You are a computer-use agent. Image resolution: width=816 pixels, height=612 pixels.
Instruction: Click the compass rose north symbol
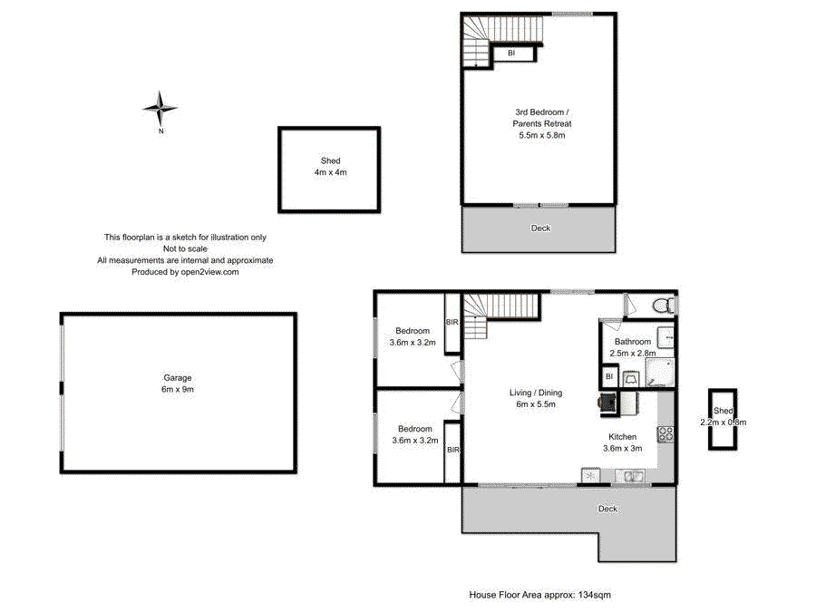pyautogui.click(x=160, y=108)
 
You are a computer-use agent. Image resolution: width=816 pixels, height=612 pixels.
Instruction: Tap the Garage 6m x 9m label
pyautogui.click(x=178, y=384)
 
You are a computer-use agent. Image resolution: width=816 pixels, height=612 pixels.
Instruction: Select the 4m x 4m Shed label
pyautogui.click(x=330, y=167)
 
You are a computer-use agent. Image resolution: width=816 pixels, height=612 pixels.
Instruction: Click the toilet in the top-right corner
pyautogui.click(x=665, y=305)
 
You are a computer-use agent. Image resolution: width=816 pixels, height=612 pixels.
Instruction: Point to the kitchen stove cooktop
pyautogui.click(x=665, y=434)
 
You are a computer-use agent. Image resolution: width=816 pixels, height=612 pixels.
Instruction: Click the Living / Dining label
pyautogui.click(x=536, y=398)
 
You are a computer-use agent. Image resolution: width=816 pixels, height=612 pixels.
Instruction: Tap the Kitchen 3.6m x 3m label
pyautogui.click(x=622, y=442)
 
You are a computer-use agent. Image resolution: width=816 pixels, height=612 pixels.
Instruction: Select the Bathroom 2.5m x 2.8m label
pyautogui.click(x=633, y=347)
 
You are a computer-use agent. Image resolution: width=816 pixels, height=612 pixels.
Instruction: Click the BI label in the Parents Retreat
pyautogui.click(x=511, y=53)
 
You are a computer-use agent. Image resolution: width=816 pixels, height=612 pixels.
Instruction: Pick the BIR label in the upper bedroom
pyautogui.click(x=452, y=322)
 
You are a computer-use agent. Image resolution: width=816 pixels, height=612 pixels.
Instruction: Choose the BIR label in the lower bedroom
pyautogui.click(x=453, y=449)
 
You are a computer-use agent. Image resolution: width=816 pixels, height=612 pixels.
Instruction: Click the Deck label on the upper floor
pyautogui.click(x=540, y=228)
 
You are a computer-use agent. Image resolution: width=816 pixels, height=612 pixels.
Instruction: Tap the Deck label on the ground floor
pyautogui.click(x=607, y=509)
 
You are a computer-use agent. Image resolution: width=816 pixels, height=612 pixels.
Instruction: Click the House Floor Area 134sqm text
pyautogui.click(x=540, y=594)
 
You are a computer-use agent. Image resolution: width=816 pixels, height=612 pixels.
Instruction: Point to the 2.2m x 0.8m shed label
pyautogui.click(x=724, y=416)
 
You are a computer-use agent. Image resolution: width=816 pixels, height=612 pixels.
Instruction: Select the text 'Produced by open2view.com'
pyautogui.click(x=185, y=272)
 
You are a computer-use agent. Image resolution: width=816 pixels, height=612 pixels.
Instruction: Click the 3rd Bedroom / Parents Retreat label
pyautogui.click(x=542, y=123)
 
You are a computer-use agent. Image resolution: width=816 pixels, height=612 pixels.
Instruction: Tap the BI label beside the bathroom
pyautogui.click(x=609, y=376)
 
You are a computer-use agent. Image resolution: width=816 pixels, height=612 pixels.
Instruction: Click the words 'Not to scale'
pyautogui.click(x=185, y=248)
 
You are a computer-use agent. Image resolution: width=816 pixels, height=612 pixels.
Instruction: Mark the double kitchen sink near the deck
pyautogui.click(x=630, y=476)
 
